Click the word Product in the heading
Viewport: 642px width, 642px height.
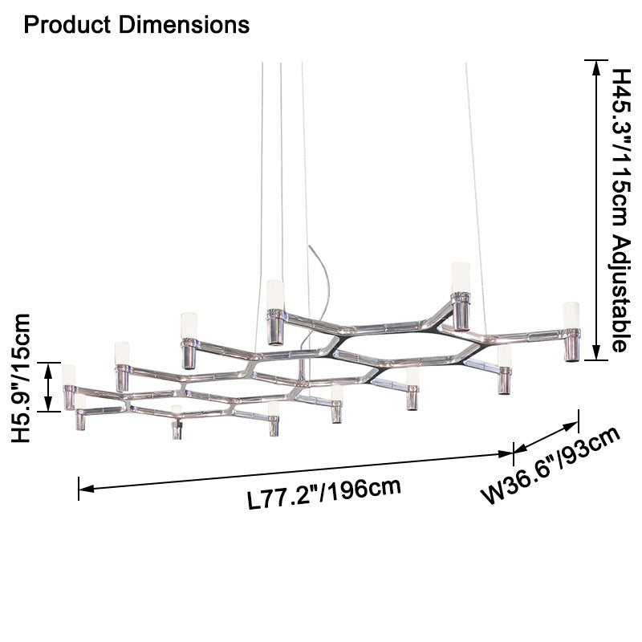pyautogui.click(x=67, y=25)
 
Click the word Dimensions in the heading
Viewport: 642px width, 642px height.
pyautogui.click(x=184, y=25)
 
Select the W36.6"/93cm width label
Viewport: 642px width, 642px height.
pyautogui.click(x=551, y=465)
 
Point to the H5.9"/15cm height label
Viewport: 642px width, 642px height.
pyautogui.click(x=22, y=377)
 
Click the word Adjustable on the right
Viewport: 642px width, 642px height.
pyautogui.click(x=618, y=294)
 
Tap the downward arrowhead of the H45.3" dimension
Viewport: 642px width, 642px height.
pyautogui.click(x=596, y=352)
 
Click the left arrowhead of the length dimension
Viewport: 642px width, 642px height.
pyautogui.click(x=87, y=488)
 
